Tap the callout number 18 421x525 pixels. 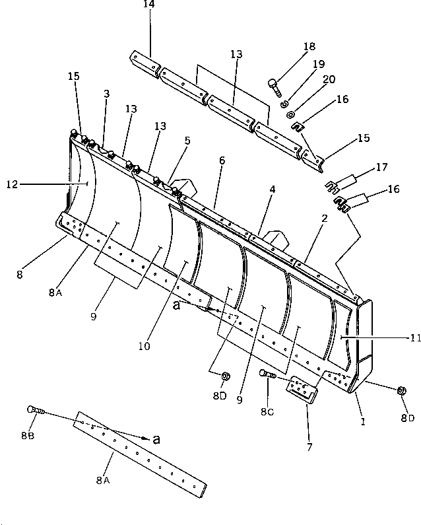click(309, 46)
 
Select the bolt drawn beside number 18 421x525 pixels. click(274, 85)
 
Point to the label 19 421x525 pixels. click(318, 65)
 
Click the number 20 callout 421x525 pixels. click(327, 80)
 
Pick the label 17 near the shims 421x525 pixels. click(381, 168)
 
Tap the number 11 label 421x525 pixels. click(414, 338)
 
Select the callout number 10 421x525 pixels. click(145, 345)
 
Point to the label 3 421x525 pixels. click(106, 94)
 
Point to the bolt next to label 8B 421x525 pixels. click(34, 410)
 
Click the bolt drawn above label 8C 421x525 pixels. click(268, 374)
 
